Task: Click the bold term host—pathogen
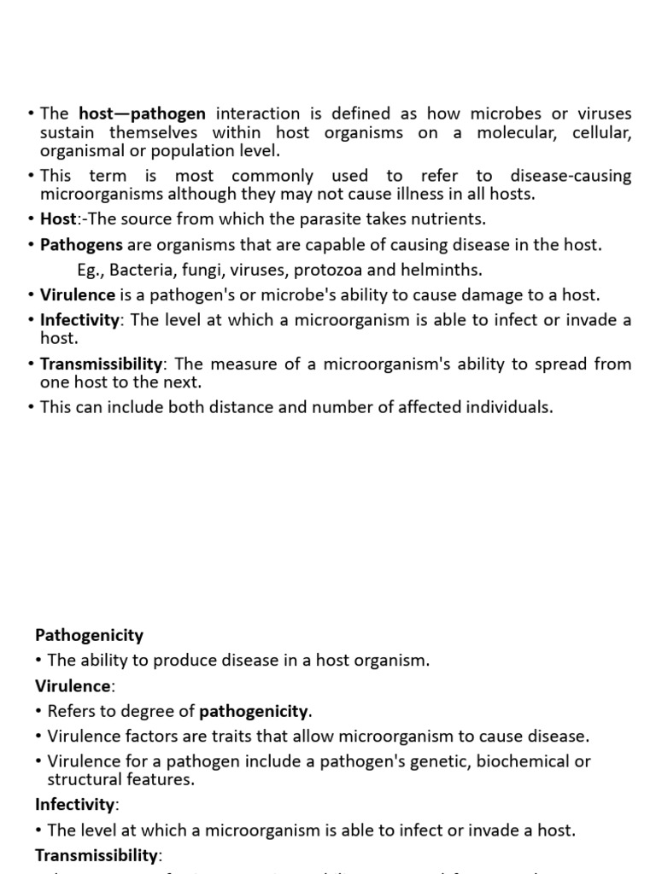pyautogui.click(x=143, y=114)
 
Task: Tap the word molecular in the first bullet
pyautogui.click(x=512, y=132)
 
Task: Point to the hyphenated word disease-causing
pyautogui.click(x=571, y=176)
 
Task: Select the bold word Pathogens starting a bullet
pyautogui.click(x=81, y=245)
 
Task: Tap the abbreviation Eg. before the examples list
pyautogui.click(x=90, y=270)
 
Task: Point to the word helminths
pyautogui.click(x=447, y=270)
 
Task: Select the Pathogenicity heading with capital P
pyautogui.click(x=89, y=635)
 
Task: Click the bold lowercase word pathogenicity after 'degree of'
pyautogui.click(x=255, y=711)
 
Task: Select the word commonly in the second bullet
pyautogui.click(x=272, y=176)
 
